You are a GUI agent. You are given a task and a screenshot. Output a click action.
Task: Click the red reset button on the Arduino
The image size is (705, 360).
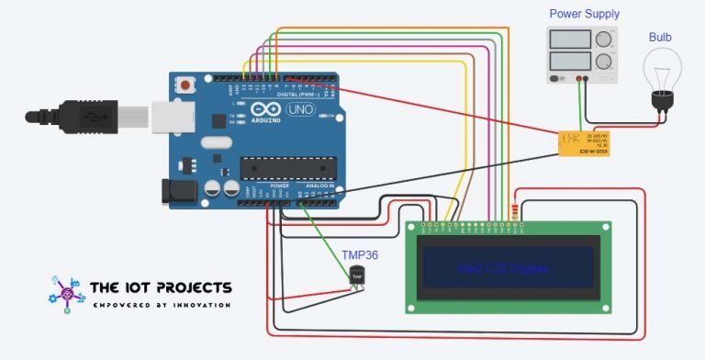tap(187, 85)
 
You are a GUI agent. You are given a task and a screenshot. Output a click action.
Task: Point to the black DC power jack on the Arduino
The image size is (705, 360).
tap(179, 190)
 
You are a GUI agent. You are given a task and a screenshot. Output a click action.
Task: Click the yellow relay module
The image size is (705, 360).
tap(585, 142)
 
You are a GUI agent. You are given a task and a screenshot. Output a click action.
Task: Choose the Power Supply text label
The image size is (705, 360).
tap(584, 14)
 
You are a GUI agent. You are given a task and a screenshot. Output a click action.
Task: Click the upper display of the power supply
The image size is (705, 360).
tap(570, 39)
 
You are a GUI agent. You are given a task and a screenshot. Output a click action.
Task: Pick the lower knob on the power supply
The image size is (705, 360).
tap(603, 62)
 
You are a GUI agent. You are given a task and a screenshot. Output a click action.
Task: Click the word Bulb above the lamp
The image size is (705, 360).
tap(660, 37)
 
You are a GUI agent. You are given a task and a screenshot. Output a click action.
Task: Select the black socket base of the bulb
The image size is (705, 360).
tap(661, 101)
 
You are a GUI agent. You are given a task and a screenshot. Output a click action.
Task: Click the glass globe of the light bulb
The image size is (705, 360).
tap(661, 69)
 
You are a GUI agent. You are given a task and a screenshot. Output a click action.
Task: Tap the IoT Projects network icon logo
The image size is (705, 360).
tap(65, 293)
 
